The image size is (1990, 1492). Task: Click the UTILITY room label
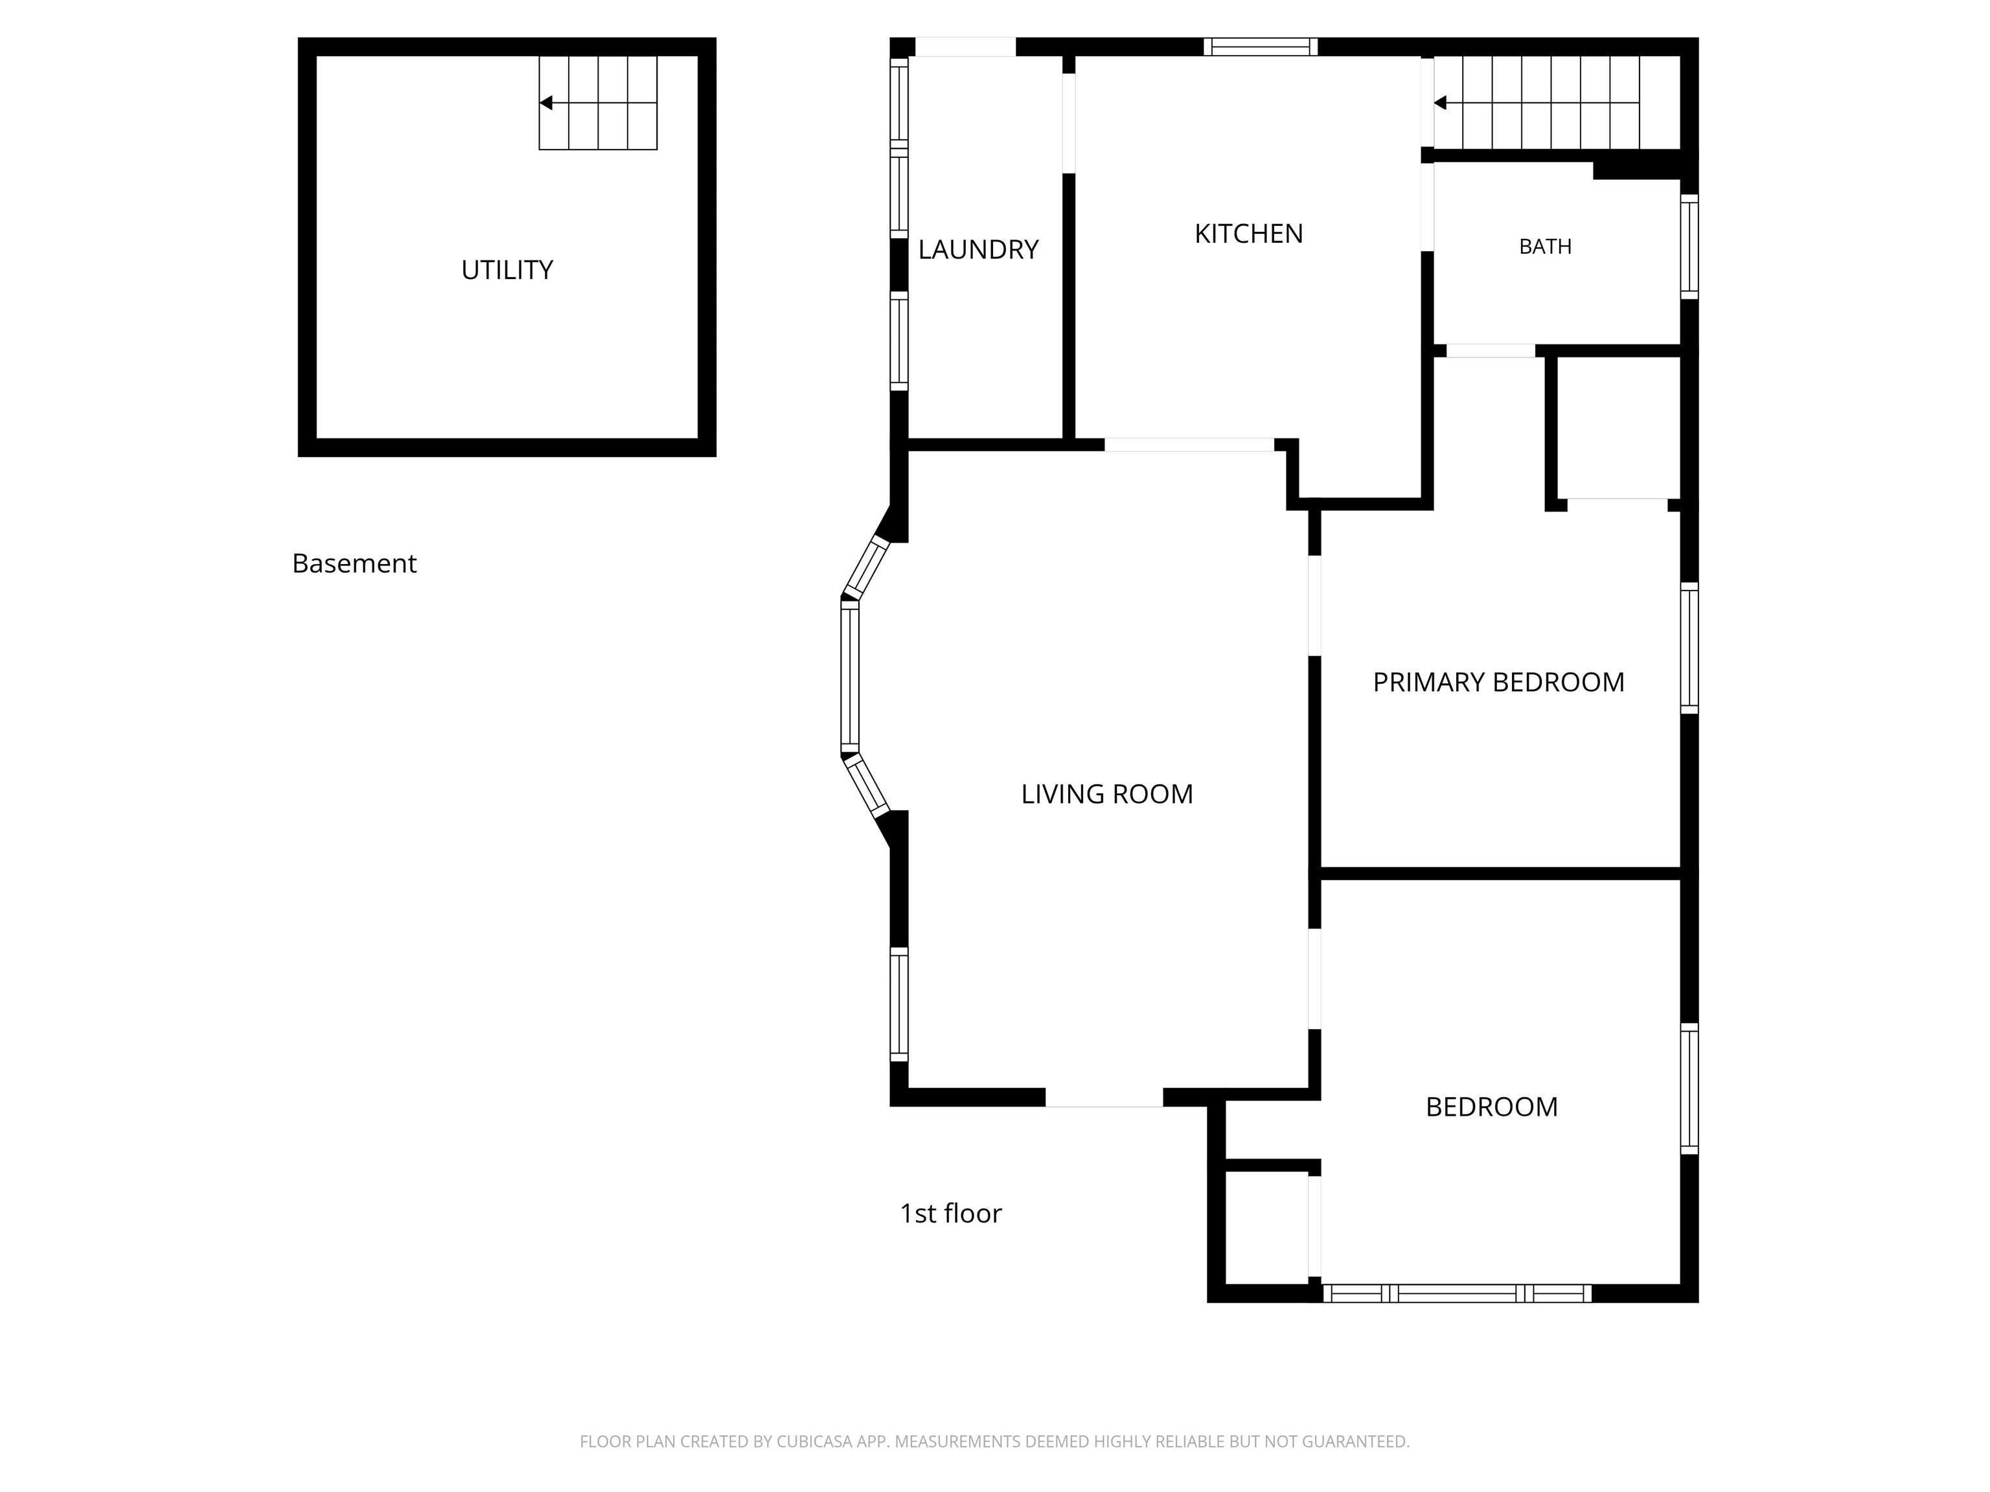(x=507, y=270)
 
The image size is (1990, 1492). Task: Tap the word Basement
(x=354, y=564)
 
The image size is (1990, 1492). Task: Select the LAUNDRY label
(x=978, y=249)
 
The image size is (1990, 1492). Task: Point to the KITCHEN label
(x=1249, y=234)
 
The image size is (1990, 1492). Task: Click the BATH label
(x=1546, y=247)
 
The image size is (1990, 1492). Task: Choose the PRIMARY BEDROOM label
(x=1499, y=683)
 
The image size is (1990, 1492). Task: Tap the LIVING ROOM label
(x=1108, y=794)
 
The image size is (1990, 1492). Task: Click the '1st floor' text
(x=951, y=1214)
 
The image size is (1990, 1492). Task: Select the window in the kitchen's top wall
(x=1261, y=47)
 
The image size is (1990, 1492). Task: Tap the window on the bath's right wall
(x=1689, y=247)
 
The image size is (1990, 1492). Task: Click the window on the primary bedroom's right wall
(x=1689, y=648)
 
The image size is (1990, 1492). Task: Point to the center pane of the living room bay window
(x=850, y=676)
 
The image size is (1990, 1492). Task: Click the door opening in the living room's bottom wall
(x=1104, y=1097)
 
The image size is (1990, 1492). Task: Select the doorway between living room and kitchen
(x=1189, y=445)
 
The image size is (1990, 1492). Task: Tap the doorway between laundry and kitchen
(x=1069, y=123)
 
